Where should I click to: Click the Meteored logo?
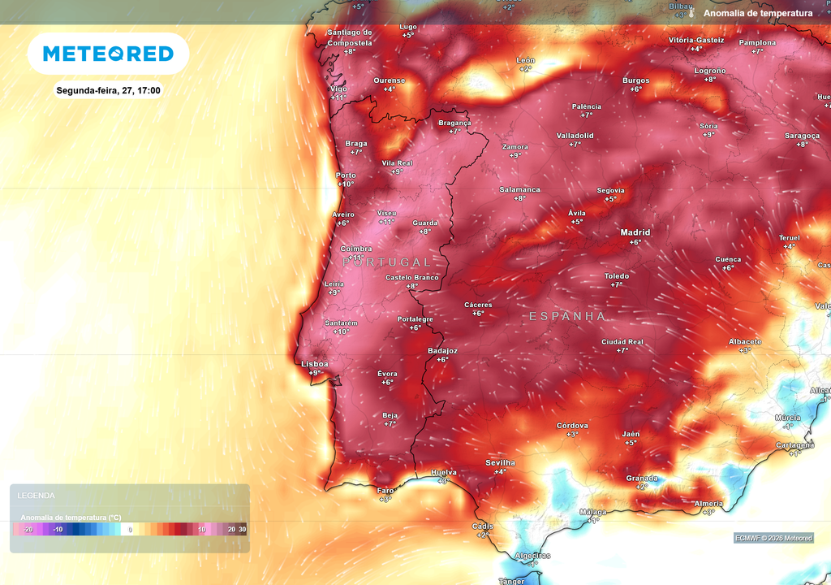pyautogui.click(x=108, y=54)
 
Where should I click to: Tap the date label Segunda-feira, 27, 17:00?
pyautogui.click(x=108, y=90)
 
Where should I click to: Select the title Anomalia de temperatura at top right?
pyautogui.click(x=758, y=13)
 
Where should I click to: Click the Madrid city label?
pyautogui.click(x=635, y=232)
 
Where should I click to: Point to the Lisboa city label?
pyautogui.click(x=314, y=364)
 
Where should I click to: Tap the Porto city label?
pyautogui.click(x=346, y=175)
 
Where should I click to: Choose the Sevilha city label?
pyautogui.click(x=500, y=462)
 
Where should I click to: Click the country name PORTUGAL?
pyautogui.click(x=387, y=262)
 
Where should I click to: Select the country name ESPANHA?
pyautogui.click(x=567, y=316)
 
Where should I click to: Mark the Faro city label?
pyautogui.click(x=385, y=490)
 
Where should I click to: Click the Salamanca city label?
pyautogui.click(x=519, y=189)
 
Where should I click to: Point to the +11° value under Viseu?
pyautogui.click(x=387, y=222)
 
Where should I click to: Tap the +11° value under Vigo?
pyautogui.click(x=338, y=97)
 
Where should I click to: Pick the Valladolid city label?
pyautogui.click(x=575, y=136)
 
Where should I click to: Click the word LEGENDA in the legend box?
pyautogui.click(x=37, y=495)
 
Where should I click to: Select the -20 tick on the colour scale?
pyautogui.click(x=28, y=530)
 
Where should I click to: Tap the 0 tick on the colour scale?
pyautogui.click(x=130, y=530)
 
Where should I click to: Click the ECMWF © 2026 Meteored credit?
pyautogui.click(x=773, y=538)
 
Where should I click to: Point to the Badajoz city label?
pyautogui.click(x=442, y=351)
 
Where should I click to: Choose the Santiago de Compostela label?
pyautogui.click(x=349, y=37)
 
